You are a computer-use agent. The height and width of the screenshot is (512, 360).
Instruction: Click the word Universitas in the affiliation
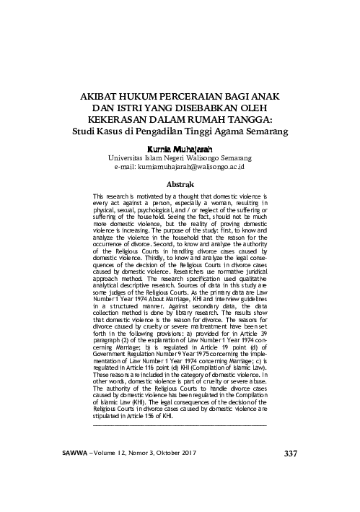pyautogui.click(x=128, y=156)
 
